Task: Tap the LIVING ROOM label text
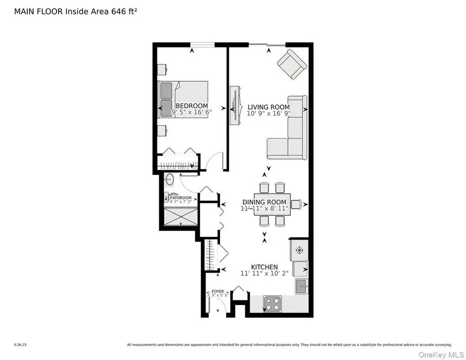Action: pos(268,107)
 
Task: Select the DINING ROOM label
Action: pos(264,202)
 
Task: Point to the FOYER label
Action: pos(217,292)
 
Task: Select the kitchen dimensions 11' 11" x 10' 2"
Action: pos(264,273)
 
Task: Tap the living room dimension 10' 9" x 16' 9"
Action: pos(268,113)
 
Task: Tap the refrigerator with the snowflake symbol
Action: pos(299,250)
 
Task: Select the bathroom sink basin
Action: pos(169,181)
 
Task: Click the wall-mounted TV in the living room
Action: pos(235,106)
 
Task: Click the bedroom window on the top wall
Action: pos(202,45)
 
